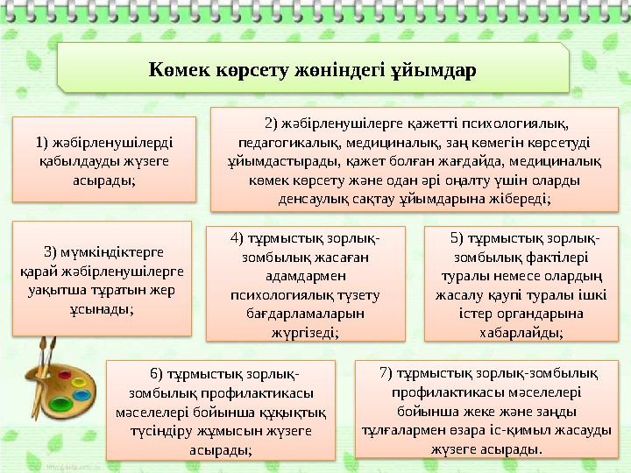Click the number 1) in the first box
tap(41, 143)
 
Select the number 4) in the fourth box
tap(236, 238)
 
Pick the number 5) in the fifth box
tap(456, 236)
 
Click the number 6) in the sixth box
tap(157, 375)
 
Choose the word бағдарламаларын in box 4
tap(305, 313)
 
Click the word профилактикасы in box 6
tap(265, 393)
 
